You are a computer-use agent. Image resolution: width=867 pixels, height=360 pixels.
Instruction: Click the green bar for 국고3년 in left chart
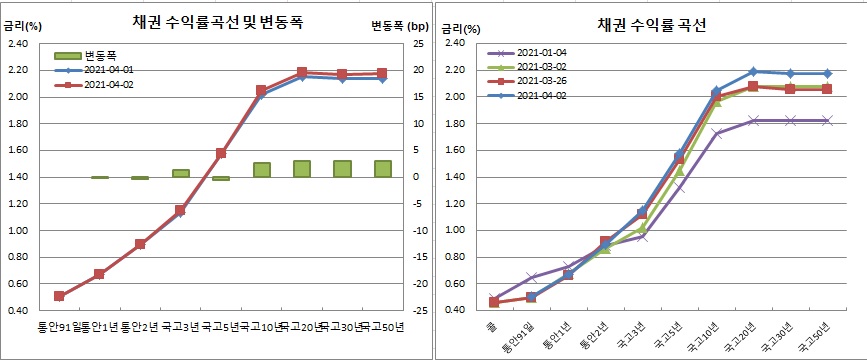click(x=181, y=173)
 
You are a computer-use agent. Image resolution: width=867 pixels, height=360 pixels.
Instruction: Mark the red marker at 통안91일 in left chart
click(x=59, y=296)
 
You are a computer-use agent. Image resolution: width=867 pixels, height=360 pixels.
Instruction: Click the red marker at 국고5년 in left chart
click(x=221, y=154)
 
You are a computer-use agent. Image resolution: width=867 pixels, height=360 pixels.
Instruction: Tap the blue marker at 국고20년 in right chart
click(x=753, y=72)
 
